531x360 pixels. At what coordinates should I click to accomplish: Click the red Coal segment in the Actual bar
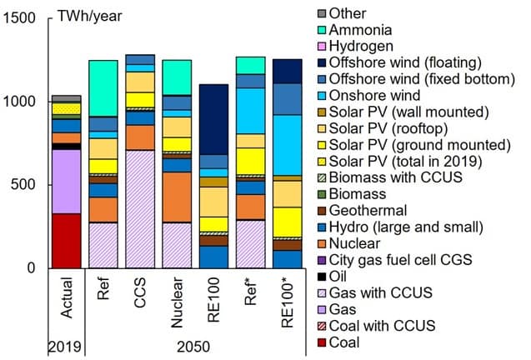click(x=67, y=241)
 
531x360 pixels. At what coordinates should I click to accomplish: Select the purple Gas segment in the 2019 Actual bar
click(x=67, y=182)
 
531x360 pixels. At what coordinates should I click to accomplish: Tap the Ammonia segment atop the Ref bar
click(x=103, y=88)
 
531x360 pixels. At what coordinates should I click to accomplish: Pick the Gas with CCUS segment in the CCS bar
click(x=140, y=209)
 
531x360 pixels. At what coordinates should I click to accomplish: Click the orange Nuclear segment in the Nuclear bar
click(x=177, y=197)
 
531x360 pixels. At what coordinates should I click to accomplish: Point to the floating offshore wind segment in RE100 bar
click(x=213, y=119)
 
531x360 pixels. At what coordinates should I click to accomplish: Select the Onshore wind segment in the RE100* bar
click(x=288, y=145)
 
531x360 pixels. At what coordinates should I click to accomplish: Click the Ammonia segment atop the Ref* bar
click(x=251, y=65)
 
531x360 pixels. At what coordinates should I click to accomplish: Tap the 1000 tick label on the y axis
click(x=19, y=102)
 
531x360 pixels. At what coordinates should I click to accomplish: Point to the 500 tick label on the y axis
click(x=23, y=184)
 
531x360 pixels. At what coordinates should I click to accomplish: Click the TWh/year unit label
click(x=90, y=16)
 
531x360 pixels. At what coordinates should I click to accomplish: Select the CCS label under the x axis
click(x=140, y=292)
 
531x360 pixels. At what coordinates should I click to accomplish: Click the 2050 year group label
click(x=193, y=347)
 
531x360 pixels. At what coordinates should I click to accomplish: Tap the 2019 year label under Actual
click(x=65, y=347)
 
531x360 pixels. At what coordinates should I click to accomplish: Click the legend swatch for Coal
click(x=322, y=342)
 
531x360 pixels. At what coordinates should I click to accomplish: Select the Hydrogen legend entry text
click(x=361, y=46)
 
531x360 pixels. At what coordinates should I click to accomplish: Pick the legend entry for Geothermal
click(x=363, y=211)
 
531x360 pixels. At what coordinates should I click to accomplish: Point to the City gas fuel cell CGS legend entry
click(x=395, y=260)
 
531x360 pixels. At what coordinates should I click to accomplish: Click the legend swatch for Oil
click(x=322, y=277)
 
